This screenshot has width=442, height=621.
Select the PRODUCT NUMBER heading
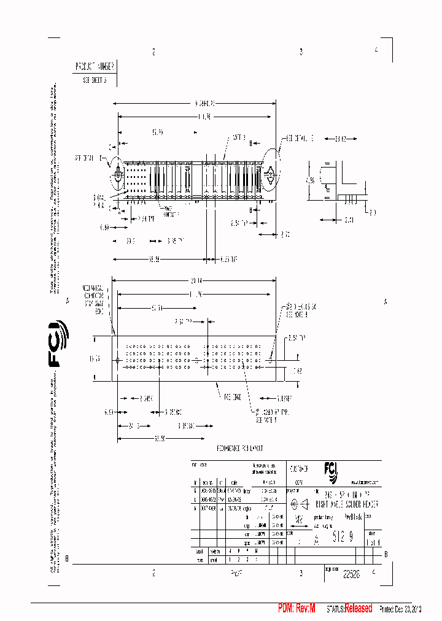click(x=94, y=66)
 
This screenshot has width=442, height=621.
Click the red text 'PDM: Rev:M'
click(x=297, y=608)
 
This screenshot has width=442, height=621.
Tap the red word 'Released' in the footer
click(x=358, y=608)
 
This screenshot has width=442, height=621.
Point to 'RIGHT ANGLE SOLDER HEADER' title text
click(x=346, y=503)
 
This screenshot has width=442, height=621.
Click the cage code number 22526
click(x=351, y=574)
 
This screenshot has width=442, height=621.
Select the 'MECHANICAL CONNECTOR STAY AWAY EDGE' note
click(x=93, y=299)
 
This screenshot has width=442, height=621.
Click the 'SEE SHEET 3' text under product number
click(x=95, y=80)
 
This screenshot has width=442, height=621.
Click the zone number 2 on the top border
click(x=153, y=52)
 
